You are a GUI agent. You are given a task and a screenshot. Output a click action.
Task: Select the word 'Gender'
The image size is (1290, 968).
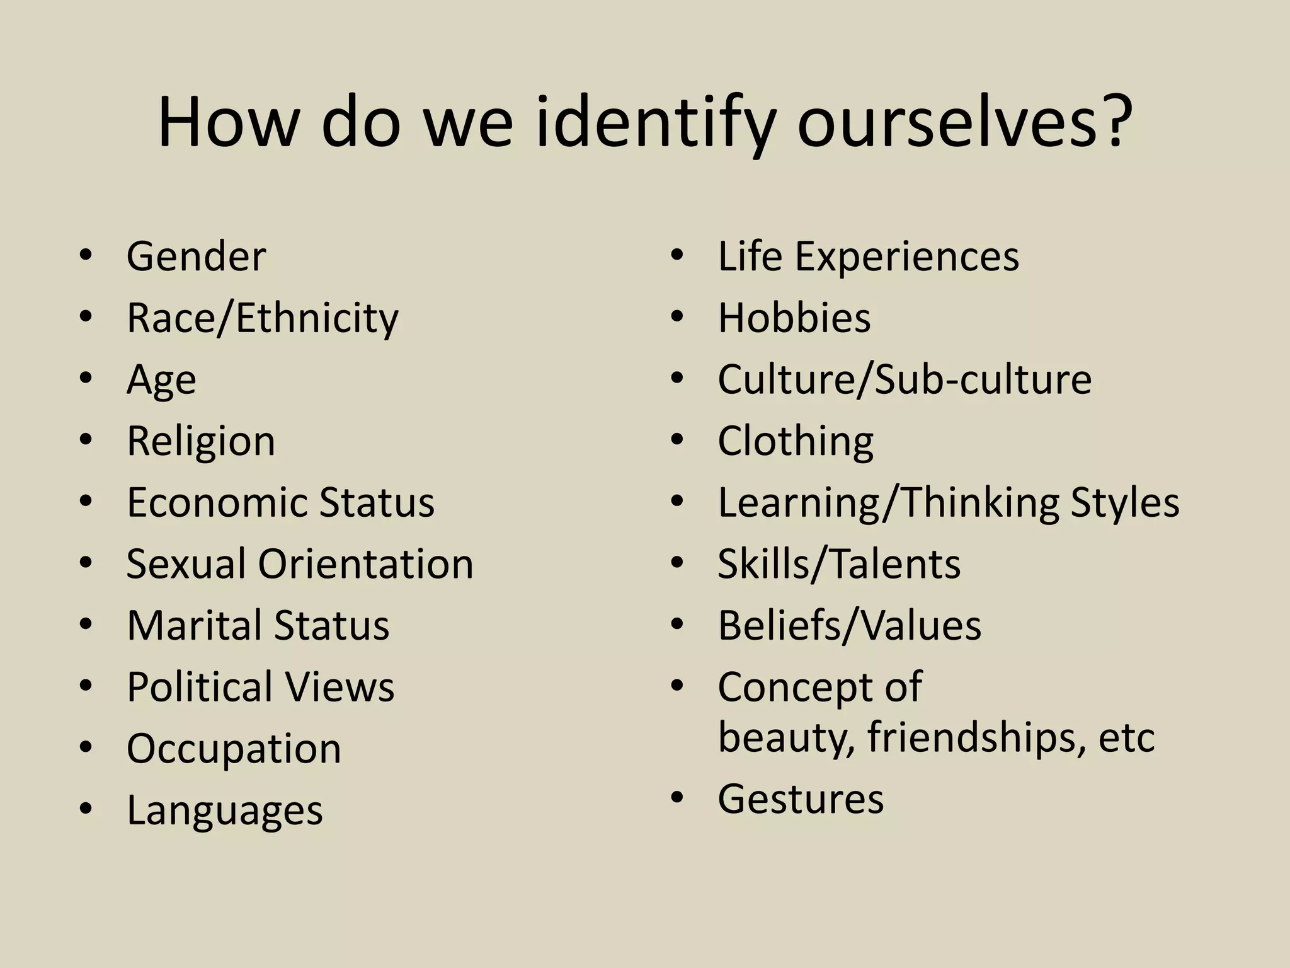click(196, 256)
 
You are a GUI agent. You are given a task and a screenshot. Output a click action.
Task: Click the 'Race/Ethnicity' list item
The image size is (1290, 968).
click(262, 318)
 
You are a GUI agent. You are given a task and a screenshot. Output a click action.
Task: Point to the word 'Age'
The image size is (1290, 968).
click(161, 380)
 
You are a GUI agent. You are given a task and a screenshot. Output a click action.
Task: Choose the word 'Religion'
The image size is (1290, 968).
click(201, 441)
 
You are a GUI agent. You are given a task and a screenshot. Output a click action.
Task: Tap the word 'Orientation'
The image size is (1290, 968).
click(365, 563)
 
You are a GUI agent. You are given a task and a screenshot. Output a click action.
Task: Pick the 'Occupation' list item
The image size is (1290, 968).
click(234, 749)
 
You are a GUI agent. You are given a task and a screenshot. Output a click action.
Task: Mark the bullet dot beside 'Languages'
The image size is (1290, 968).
click(86, 809)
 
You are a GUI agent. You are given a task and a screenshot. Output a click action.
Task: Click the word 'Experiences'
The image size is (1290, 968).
click(907, 256)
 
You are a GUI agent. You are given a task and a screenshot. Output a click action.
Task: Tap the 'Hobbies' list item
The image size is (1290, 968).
click(794, 318)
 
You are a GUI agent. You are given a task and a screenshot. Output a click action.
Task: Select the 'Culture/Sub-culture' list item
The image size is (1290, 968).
click(905, 379)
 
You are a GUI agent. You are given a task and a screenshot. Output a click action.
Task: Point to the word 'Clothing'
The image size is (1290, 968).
click(796, 441)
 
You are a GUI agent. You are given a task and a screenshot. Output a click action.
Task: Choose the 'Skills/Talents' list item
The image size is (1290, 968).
click(839, 563)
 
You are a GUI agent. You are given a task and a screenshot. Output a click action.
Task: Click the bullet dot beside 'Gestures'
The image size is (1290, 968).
click(677, 798)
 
